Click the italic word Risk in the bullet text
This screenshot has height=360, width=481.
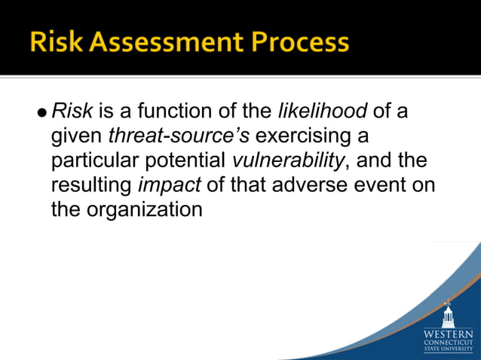point(72,112)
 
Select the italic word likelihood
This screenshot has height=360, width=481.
point(323,112)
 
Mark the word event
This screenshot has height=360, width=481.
point(375,185)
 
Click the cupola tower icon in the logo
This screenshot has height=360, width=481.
point(449,312)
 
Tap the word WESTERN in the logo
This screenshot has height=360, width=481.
point(449,332)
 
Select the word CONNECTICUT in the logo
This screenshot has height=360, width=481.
point(449,341)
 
